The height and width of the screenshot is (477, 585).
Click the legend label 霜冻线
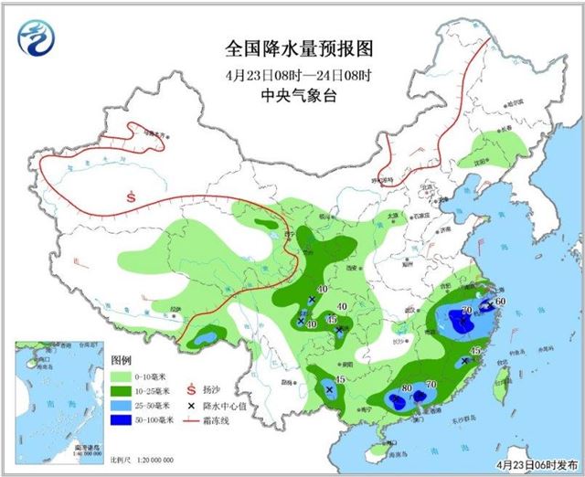coord(216,419)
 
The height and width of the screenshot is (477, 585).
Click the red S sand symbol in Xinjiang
coord(132,195)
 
